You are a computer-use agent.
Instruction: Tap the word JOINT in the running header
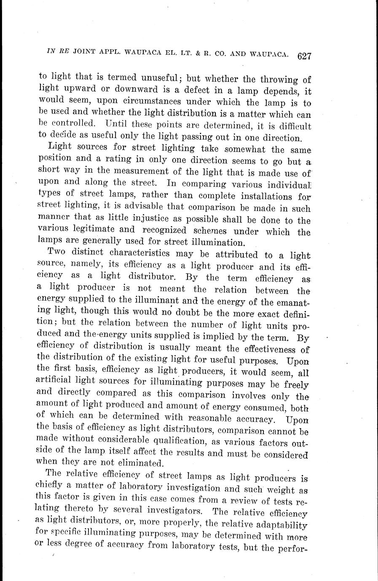click(86, 52)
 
